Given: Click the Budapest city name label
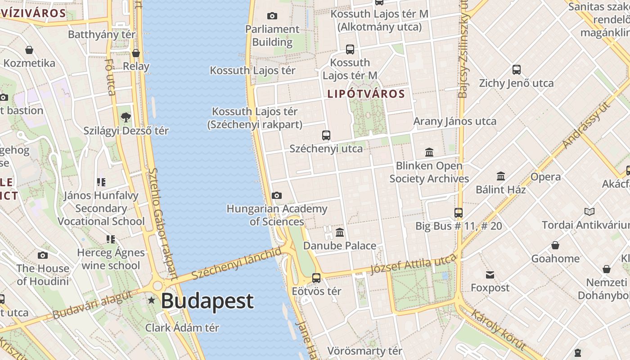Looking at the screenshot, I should (207, 301).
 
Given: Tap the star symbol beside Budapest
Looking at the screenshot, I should (152, 300).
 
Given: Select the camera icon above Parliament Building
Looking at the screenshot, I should (272, 16).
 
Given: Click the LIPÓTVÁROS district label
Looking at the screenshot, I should (366, 94).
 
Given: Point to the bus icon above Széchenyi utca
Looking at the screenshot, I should (326, 135).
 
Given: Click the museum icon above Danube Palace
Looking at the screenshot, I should (340, 233).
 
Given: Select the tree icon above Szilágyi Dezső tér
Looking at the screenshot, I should (126, 117).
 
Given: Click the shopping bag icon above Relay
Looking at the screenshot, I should (136, 53).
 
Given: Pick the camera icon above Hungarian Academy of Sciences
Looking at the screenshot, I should (277, 195).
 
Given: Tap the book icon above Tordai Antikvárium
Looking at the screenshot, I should (589, 211).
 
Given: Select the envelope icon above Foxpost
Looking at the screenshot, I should (490, 274).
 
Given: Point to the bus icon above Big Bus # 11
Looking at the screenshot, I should (459, 213).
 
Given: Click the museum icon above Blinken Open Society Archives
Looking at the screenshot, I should (429, 153).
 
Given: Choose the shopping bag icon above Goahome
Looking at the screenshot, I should (555, 245).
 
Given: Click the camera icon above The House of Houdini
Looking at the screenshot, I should (43, 255).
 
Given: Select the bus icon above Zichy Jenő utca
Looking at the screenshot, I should (517, 70).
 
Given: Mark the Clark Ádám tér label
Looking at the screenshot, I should (182, 328).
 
